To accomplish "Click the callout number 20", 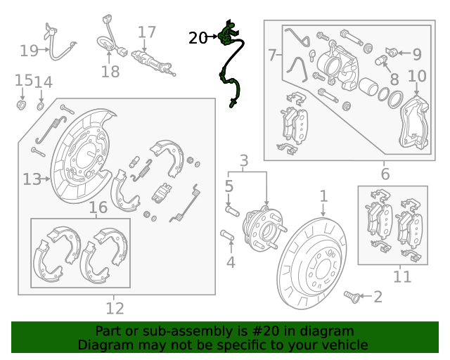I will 198,38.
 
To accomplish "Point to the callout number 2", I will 378,297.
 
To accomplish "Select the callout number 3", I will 244,161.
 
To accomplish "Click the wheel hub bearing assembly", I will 262,229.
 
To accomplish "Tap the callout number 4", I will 230,263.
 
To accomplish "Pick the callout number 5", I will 229,186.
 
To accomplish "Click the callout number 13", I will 32,180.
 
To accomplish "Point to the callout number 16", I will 98,207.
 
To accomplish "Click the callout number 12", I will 115,308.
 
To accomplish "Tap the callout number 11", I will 401,277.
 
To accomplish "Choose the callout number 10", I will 417,76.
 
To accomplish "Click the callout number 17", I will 147,32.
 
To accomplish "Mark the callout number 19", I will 29,51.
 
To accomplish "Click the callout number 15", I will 23,81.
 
